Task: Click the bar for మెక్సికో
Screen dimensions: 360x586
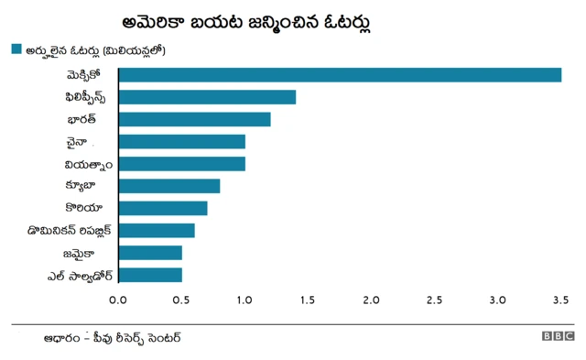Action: (x=340, y=75)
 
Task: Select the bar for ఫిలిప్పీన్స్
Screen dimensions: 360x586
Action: (x=207, y=97)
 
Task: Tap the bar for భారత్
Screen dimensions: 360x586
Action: (x=194, y=119)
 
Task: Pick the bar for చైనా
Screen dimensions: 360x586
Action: (x=181, y=141)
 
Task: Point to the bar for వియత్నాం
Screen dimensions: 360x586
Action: (x=181, y=164)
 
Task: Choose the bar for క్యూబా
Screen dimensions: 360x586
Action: (x=169, y=186)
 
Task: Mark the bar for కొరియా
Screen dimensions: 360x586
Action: (x=163, y=208)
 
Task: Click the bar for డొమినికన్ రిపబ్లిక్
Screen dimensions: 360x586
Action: (x=157, y=230)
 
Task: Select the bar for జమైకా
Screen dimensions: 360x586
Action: (x=150, y=253)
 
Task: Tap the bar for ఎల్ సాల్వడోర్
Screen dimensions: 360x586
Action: (x=150, y=275)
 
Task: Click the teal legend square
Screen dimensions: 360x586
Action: (x=16, y=49)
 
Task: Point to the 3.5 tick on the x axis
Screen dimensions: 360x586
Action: (x=561, y=300)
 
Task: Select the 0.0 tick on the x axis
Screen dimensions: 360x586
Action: (x=119, y=300)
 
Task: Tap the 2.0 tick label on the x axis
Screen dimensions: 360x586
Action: (x=372, y=300)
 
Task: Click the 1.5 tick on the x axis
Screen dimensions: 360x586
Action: (x=309, y=300)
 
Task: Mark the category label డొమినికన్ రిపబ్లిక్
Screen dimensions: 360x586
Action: (x=70, y=231)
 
